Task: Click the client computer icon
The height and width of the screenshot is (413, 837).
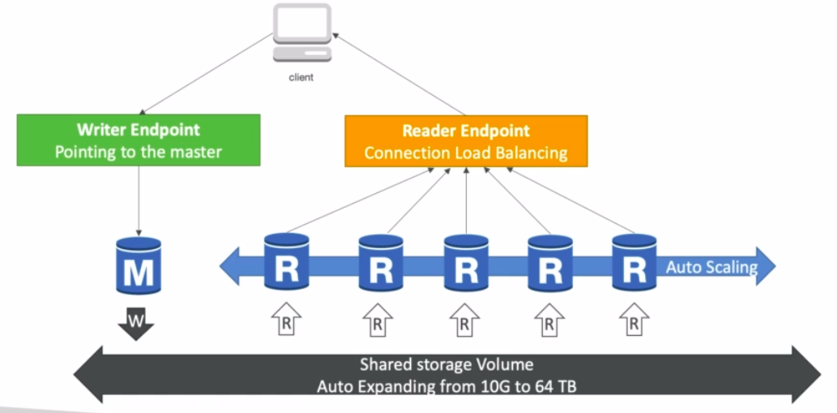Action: (x=301, y=33)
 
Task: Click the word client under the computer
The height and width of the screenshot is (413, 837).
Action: (x=301, y=78)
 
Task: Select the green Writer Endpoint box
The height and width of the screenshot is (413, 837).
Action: (x=138, y=140)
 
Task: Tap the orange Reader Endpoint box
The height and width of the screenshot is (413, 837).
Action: (x=466, y=140)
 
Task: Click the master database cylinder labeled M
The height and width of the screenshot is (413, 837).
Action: (x=138, y=265)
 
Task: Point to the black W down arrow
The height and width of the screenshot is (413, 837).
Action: (x=135, y=325)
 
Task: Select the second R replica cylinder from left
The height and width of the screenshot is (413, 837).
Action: (x=381, y=263)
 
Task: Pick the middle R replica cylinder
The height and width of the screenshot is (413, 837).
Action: (x=466, y=263)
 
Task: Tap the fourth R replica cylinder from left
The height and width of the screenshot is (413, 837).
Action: (x=550, y=263)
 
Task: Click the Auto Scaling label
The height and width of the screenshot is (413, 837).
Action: (x=711, y=267)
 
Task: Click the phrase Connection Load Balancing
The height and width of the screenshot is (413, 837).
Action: (x=465, y=153)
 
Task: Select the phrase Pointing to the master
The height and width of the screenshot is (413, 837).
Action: (x=138, y=152)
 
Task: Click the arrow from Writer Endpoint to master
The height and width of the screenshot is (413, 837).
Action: (x=139, y=200)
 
